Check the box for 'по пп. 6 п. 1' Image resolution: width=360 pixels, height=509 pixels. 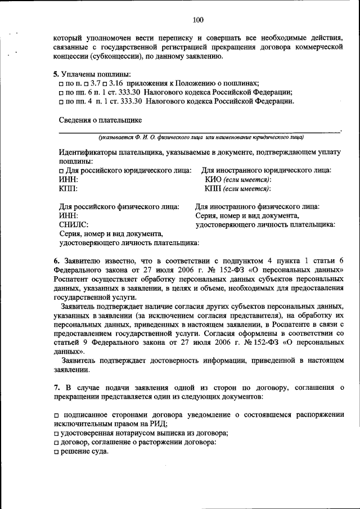coord(61,93)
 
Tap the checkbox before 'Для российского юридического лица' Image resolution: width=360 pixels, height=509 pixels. coord(61,170)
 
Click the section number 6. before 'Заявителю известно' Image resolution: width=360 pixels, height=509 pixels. coord(57,260)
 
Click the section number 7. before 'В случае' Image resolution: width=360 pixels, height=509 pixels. coord(57,388)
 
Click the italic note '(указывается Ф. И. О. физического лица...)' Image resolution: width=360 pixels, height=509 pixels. coord(200,137)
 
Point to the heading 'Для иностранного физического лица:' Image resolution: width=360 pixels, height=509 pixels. coord(257,206)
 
